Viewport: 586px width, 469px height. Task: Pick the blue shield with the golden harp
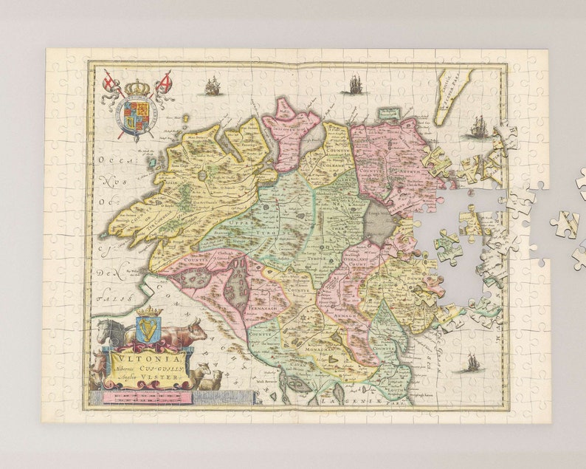149,329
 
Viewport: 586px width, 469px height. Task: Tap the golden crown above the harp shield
149,312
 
